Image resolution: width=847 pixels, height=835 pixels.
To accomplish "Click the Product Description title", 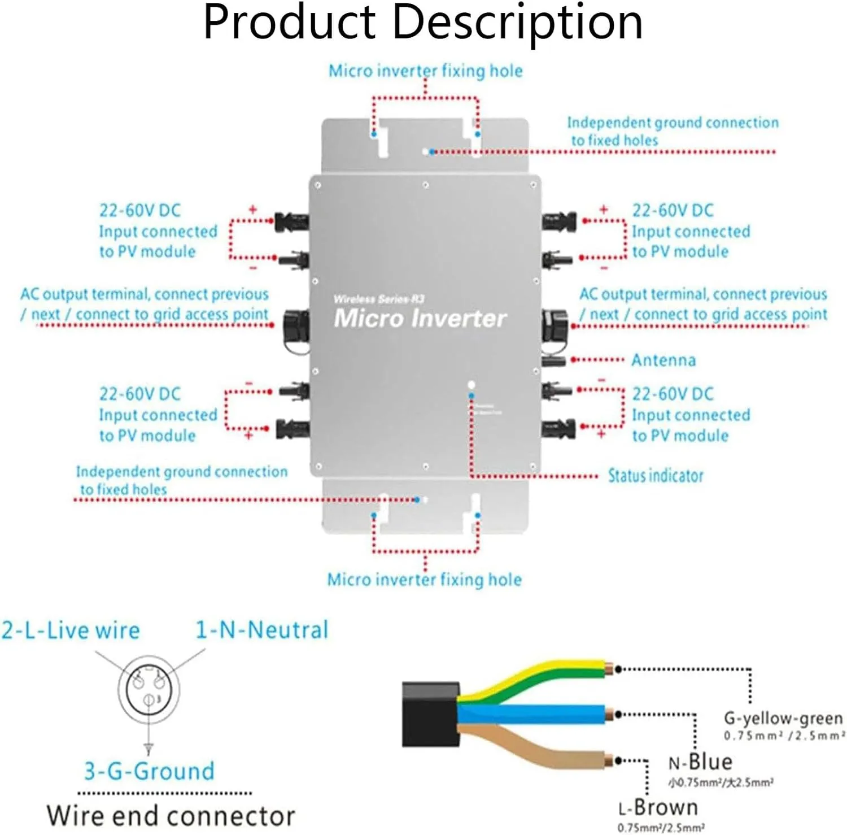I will (x=423, y=23).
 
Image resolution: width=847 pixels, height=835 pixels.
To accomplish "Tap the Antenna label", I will (x=663, y=360).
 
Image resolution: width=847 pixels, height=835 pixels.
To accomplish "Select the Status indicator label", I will (x=655, y=476).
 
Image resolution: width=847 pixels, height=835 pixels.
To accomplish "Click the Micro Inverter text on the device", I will (x=420, y=318).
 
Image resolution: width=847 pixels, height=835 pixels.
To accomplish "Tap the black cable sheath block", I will (x=430, y=714).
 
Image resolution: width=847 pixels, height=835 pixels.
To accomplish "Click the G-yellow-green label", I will (x=783, y=719).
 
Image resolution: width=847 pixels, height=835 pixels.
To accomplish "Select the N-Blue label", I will (x=700, y=762).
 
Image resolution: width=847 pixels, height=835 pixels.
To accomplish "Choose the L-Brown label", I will (x=658, y=808).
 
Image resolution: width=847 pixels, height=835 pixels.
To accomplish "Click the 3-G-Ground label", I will (x=150, y=771).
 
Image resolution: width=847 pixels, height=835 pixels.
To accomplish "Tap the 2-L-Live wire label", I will (x=71, y=630).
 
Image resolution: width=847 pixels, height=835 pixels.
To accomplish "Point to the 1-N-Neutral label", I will (x=261, y=630).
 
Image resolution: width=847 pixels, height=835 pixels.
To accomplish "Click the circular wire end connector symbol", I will (x=149, y=689).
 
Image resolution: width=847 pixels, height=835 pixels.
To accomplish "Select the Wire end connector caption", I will (x=171, y=816).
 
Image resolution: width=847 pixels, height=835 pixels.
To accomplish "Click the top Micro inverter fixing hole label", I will (x=425, y=71).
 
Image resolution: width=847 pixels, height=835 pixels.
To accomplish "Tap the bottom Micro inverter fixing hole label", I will (x=424, y=580).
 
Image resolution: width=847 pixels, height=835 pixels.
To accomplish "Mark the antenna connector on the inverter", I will (x=553, y=360).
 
